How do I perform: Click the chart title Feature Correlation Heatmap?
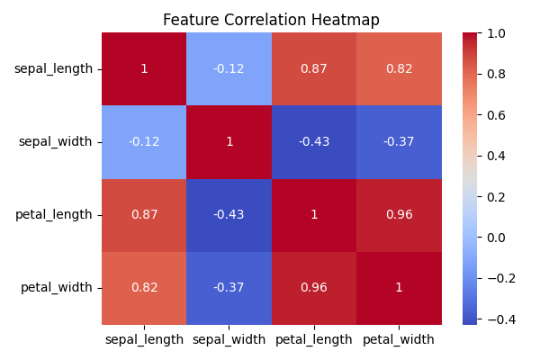271,20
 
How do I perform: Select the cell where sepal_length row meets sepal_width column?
229,69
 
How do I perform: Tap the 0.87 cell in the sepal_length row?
314,69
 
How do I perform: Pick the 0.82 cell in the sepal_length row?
399,69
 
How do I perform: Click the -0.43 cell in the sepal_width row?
314,142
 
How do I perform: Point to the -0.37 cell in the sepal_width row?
399,142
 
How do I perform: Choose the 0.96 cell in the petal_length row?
399,215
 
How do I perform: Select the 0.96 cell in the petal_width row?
314,288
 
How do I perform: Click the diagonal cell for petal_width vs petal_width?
399,288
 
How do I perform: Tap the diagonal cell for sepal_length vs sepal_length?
144,69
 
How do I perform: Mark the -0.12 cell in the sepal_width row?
144,142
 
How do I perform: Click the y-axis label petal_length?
53,215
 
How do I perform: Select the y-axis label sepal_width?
55,142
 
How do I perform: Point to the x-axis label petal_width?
399,339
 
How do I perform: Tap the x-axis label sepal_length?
144,339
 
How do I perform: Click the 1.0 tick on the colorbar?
496,33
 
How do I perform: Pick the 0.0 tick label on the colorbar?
496,238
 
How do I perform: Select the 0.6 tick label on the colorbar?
496,115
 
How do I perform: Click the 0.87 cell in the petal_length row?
144,215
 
